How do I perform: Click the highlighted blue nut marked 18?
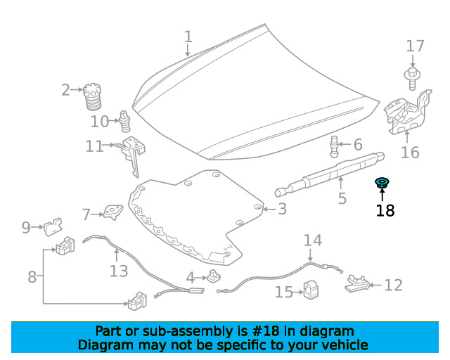(x=382, y=183)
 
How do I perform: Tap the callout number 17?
(x=415, y=46)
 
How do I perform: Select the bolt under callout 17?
(x=413, y=78)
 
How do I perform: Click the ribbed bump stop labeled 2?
(x=92, y=96)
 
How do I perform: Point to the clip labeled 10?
(x=124, y=121)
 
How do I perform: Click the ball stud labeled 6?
(x=335, y=146)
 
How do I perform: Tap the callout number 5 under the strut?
(x=342, y=198)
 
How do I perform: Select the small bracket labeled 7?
(x=113, y=212)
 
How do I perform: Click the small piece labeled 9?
(x=53, y=227)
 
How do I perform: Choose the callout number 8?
(x=32, y=277)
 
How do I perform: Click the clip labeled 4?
(x=214, y=276)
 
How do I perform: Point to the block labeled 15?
(x=311, y=290)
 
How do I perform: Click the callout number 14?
(x=313, y=240)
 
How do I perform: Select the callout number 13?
(x=119, y=271)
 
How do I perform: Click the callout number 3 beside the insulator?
(x=283, y=209)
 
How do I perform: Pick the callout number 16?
(x=410, y=152)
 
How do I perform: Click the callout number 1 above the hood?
(x=188, y=37)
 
